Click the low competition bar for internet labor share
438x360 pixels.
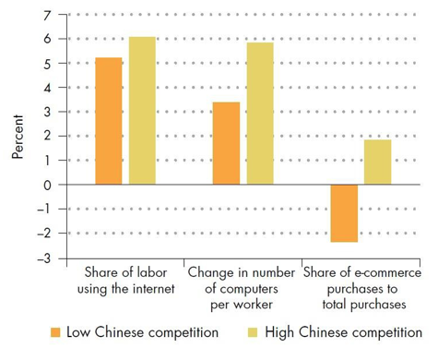pyautogui.click(x=108, y=121)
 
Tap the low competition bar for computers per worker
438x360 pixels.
pyautogui.click(x=226, y=143)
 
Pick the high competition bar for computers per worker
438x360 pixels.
pyautogui.click(x=260, y=114)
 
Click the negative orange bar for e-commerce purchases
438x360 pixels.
pyautogui.click(x=344, y=213)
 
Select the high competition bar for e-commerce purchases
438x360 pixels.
pyautogui.click(x=378, y=162)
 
